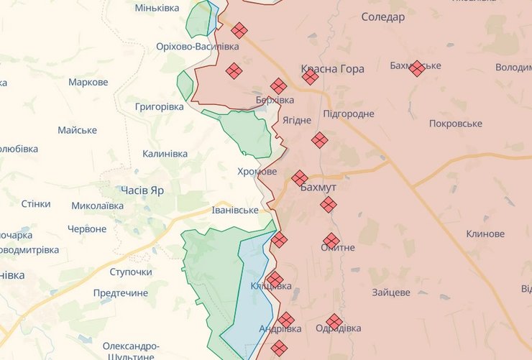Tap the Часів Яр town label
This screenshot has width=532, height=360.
click(x=142, y=190)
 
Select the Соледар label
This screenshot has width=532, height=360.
click(x=382, y=16)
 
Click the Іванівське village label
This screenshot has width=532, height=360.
click(x=234, y=210)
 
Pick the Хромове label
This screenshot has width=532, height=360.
click(x=257, y=172)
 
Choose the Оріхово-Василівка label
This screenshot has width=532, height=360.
click(x=197, y=46)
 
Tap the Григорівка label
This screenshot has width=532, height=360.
click(x=159, y=106)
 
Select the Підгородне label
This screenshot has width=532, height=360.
click(x=349, y=114)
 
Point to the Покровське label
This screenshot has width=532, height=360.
click(x=455, y=124)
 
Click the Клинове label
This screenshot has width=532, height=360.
click(x=485, y=234)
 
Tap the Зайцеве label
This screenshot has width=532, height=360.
click(x=391, y=292)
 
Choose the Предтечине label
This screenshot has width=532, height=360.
click(x=120, y=293)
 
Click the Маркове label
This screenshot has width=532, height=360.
click(x=88, y=82)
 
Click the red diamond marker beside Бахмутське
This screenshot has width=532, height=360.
click(x=416, y=68)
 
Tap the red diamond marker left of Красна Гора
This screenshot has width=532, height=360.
click(x=310, y=76)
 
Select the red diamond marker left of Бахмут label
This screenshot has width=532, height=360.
click(x=300, y=177)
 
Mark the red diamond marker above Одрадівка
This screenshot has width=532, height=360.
click(x=334, y=322)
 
